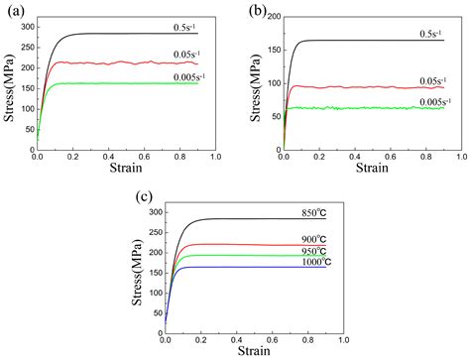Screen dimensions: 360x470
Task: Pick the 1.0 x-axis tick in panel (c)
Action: (341, 339)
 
